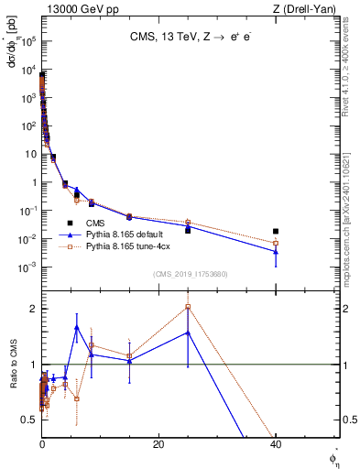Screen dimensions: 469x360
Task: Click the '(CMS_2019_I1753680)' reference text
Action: (190, 273)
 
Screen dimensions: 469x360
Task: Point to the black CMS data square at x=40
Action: (276, 232)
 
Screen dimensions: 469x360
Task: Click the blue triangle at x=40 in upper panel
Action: (276, 251)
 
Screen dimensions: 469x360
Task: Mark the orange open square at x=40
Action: (276, 243)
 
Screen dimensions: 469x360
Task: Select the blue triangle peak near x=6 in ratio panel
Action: (77, 327)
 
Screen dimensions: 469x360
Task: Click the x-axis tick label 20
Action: (158, 444)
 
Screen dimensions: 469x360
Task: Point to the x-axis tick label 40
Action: (275, 444)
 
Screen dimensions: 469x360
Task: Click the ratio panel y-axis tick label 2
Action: (33, 309)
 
